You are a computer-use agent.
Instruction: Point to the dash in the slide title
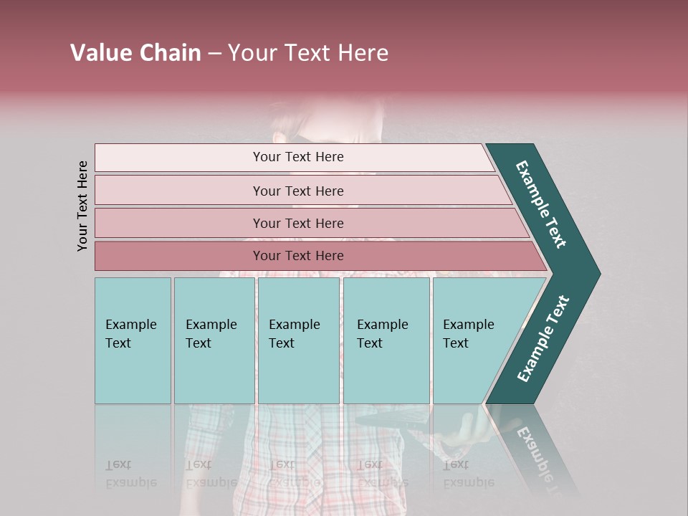[214, 54]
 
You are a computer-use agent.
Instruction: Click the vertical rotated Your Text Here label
[82, 206]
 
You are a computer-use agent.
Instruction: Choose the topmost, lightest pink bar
[294, 157]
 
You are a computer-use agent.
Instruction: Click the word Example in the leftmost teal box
[130, 325]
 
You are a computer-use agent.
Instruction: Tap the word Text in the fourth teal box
[370, 343]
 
